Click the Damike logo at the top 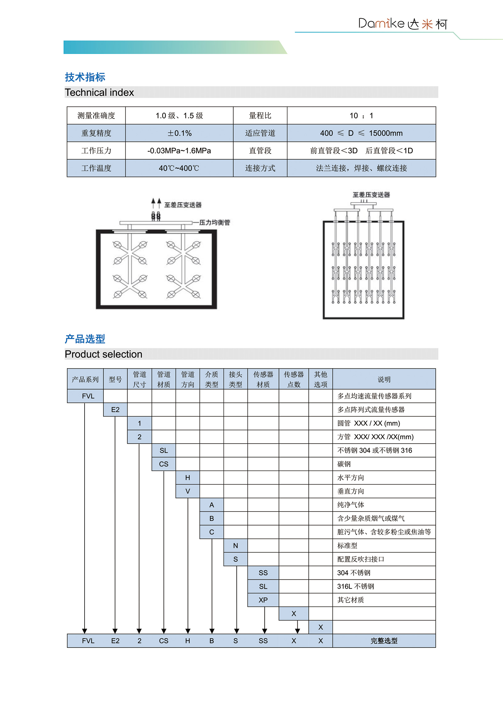(403, 24)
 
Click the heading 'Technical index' (99, 92)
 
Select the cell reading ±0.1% (179, 133)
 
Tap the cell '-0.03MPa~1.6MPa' (179, 151)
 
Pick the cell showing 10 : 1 (361, 116)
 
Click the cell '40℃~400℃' (179, 168)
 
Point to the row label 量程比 (260, 116)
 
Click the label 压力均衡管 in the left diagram (215, 222)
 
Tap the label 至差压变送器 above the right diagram (371, 195)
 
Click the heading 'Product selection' (103, 354)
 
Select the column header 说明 (384, 379)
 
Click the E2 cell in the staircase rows (115, 410)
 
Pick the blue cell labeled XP (263, 600)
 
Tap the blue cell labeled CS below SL (163, 464)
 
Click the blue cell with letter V (188, 491)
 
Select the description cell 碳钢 (344, 464)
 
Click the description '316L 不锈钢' (356, 587)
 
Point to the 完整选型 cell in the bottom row (384, 641)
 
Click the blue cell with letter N (235, 546)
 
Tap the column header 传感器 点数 (294, 379)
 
